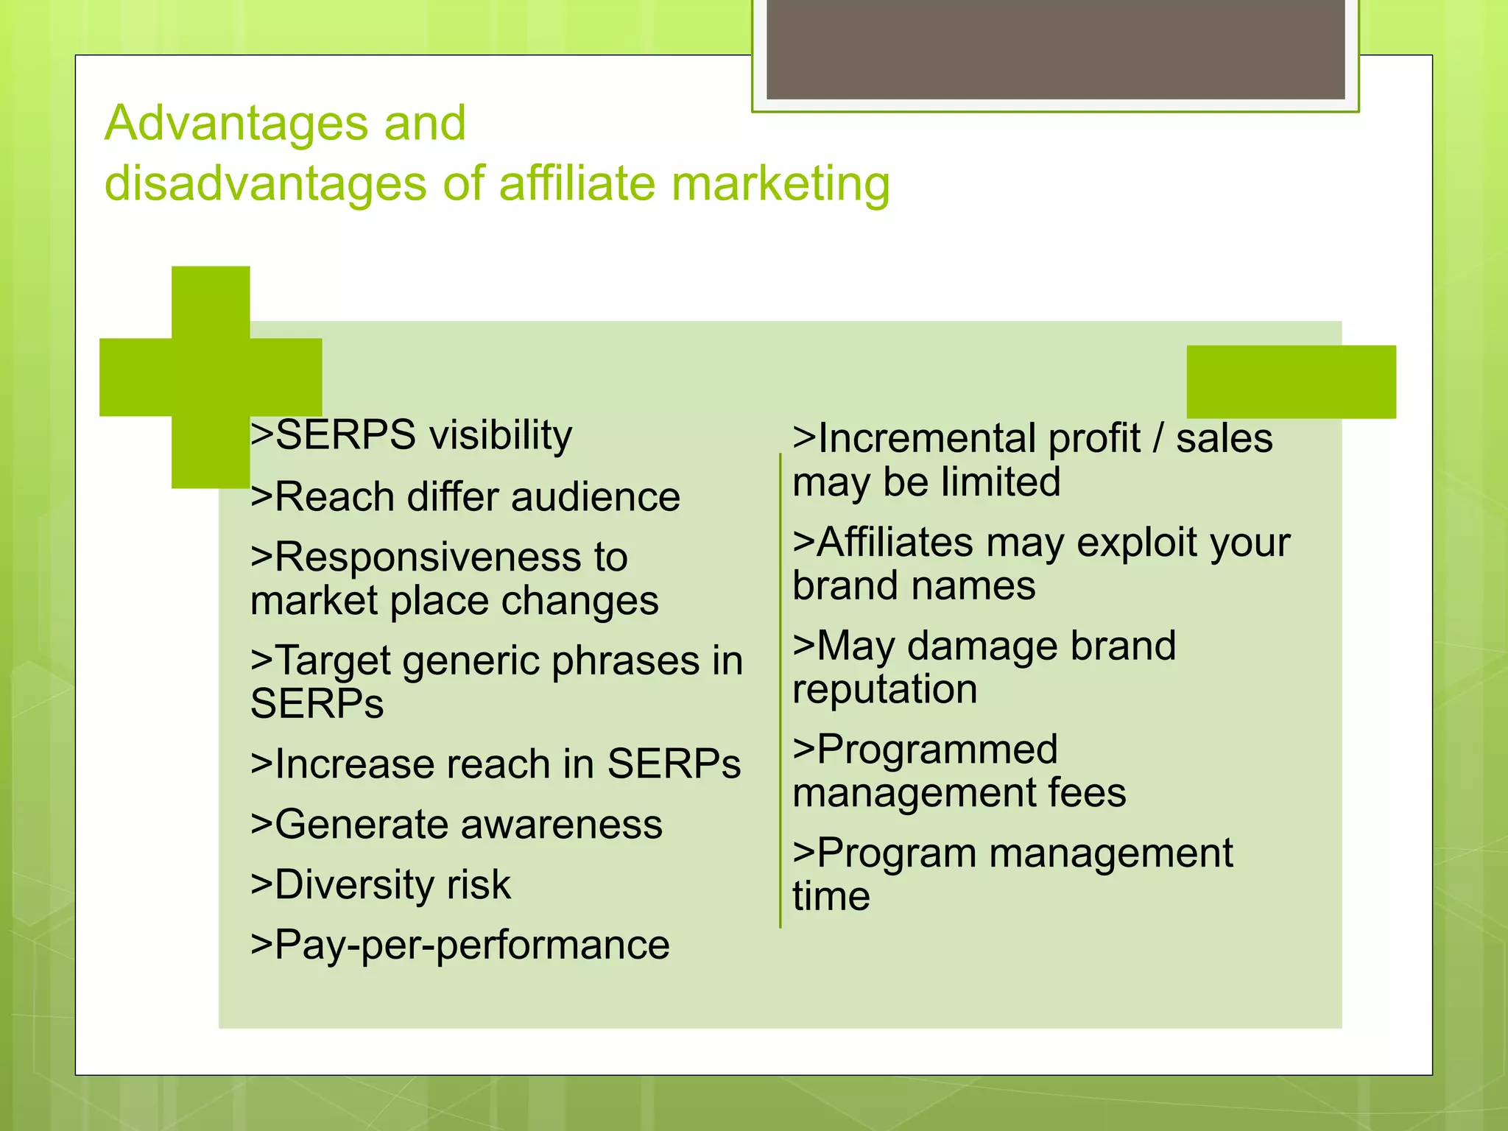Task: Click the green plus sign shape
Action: click(211, 377)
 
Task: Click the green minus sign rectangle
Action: click(1291, 381)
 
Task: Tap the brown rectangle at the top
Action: click(1055, 49)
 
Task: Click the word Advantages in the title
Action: click(236, 123)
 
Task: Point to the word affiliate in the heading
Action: click(577, 183)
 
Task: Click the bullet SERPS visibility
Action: click(411, 435)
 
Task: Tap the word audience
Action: click(595, 497)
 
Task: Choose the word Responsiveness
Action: click(451, 557)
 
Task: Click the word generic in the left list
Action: click(471, 660)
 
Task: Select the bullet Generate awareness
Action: click(457, 824)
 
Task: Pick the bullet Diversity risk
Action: click(381, 884)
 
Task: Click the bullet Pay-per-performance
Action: click(460, 945)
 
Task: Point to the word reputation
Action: click(884, 690)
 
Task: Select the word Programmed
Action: click(937, 750)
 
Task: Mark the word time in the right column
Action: click(831, 897)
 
